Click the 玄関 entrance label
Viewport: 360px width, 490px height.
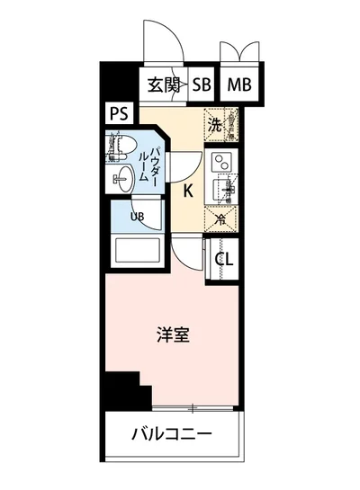(x=165, y=85)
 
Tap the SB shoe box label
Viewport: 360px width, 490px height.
(x=201, y=85)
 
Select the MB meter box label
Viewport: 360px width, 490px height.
(x=238, y=85)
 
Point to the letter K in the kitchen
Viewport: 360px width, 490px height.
(x=189, y=191)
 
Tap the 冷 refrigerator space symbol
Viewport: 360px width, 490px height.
(x=221, y=217)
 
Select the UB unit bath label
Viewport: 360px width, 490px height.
(x=138, y=216)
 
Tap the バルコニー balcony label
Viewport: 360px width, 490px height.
(x=171, y=436)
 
